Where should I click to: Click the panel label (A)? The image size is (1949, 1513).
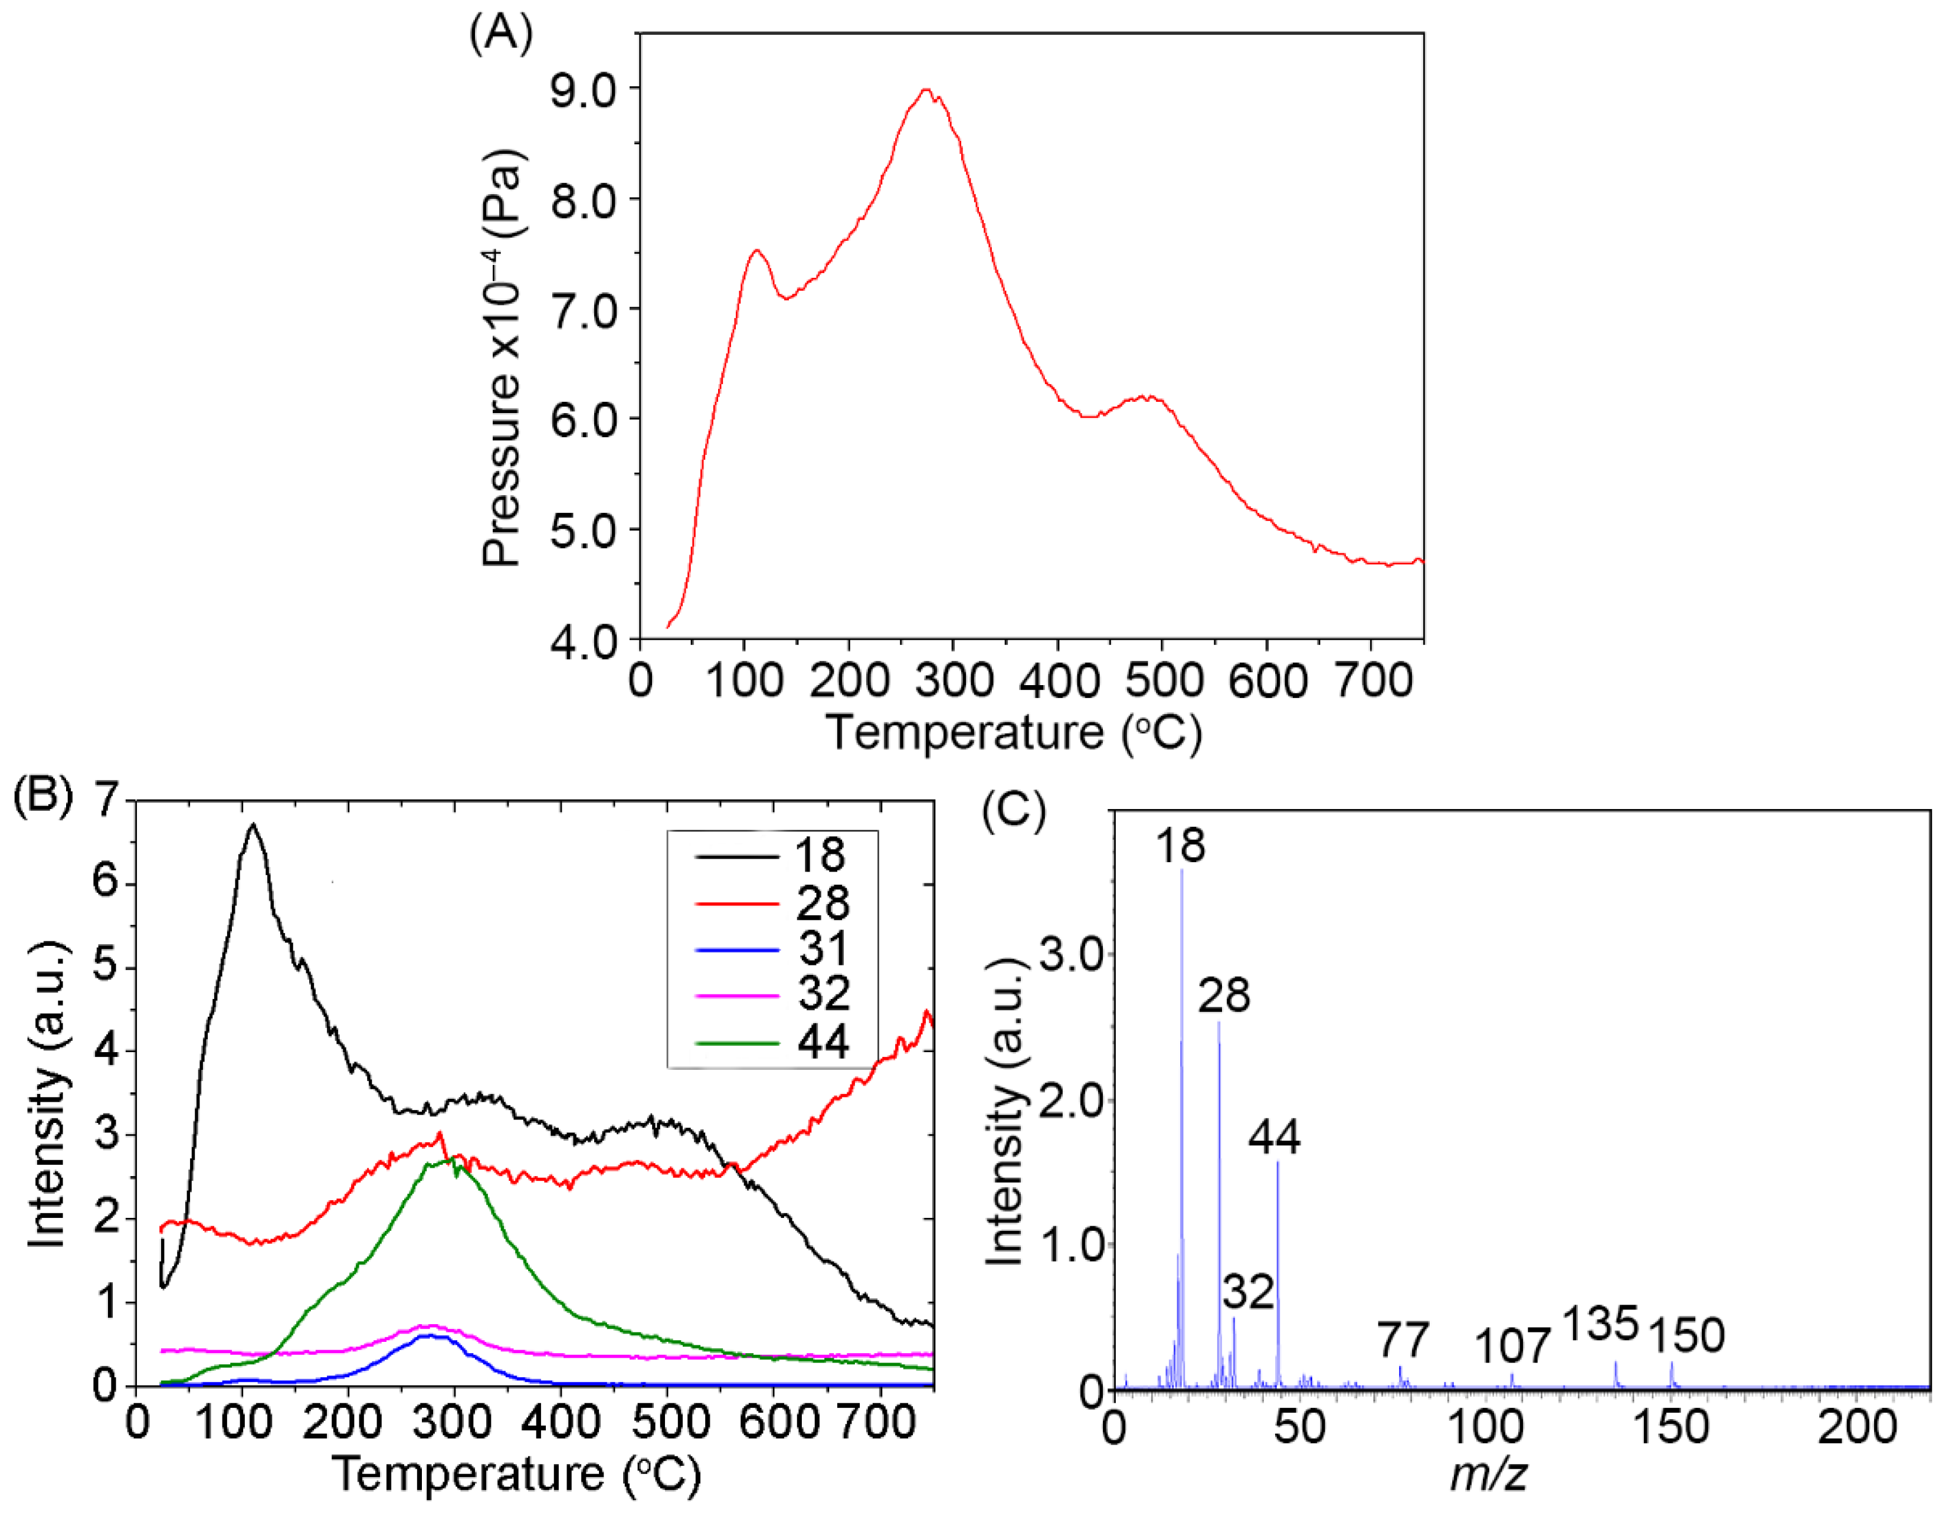click(x=500, y=34)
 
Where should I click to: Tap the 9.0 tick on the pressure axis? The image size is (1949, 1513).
click(x=584, y=90)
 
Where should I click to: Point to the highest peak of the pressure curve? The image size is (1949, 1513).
click(x=926, y=89)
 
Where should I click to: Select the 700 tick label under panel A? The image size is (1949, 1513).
click(x=1374, y=680)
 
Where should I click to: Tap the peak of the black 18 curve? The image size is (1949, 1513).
click(x=253, y=825)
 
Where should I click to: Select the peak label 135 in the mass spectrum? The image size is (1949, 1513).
click(x=1601, y=1323)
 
